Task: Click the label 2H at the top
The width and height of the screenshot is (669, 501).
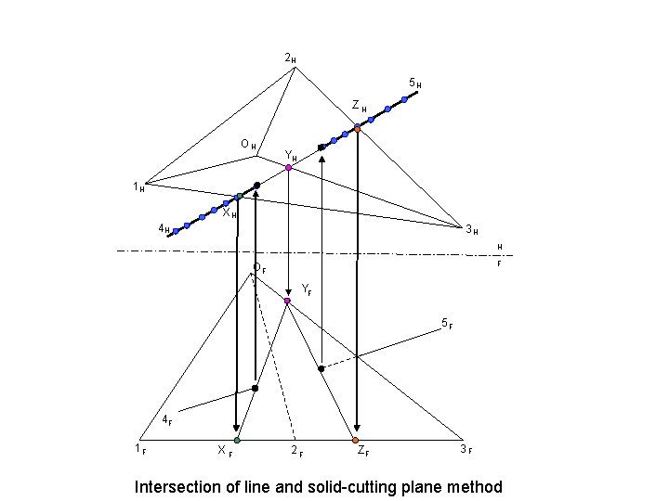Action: click(x=290, y=60)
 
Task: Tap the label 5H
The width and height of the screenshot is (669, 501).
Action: click(x=416, y=84)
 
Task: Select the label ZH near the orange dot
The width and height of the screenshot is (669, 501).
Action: click(x=359, y=108)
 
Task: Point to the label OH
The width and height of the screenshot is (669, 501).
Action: click(x=248, y=145)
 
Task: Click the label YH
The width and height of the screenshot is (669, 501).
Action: click(x=290, y=156)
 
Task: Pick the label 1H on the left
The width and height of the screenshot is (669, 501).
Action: click(x=138, y=187)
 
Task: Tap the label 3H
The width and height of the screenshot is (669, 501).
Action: click(x=471, y=229)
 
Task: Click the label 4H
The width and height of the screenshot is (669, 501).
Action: click(x=164, y=228)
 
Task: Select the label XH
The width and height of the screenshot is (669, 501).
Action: click(x=229, y=212)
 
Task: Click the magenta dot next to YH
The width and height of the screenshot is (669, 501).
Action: click(x=289, y=168)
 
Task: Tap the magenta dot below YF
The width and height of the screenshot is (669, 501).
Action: click(x=287, y=302)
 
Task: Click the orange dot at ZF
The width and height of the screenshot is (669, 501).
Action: click(x=356, y=440)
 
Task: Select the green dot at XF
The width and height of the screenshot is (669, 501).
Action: click(x=237, y=440)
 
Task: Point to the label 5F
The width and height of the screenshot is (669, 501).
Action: click(x=446, y=325)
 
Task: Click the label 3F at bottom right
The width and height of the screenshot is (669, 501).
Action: click(x=466, y=451)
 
